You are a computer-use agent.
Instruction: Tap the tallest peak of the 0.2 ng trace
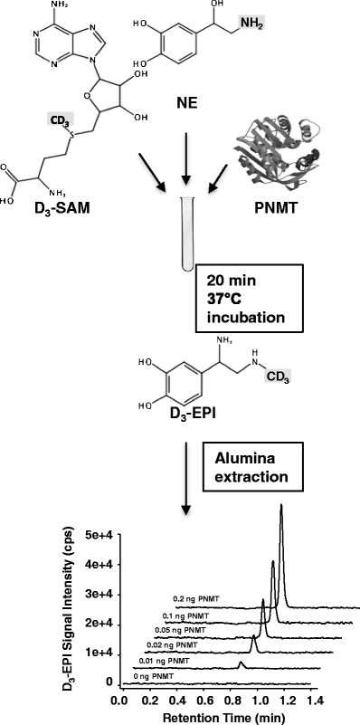click(x=281, y=507)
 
